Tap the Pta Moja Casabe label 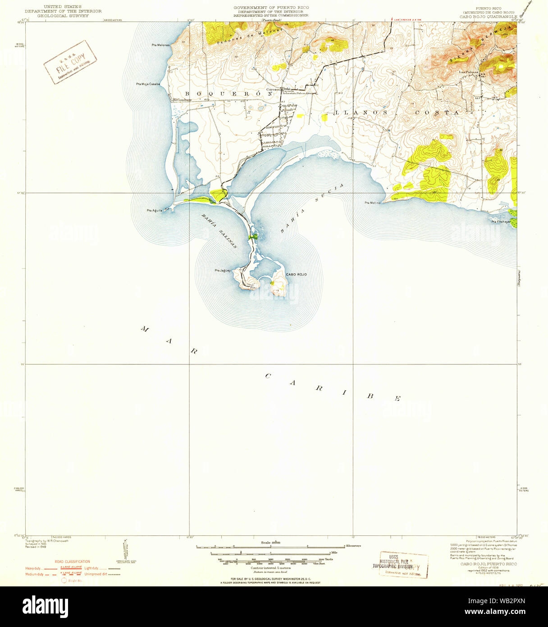(x=148, y=84)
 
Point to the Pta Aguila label (x=155, y=210)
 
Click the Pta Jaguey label (x=223, y=270)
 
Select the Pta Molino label (x=373, y=203)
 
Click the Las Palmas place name (x=468, y=72)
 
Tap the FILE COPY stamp (x=70, y=62)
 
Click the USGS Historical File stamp (x=399, y=564)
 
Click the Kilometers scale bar (x=271, y=546)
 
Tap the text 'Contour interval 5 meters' (x=271, y=567)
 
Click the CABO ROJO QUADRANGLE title (x=488, y=16)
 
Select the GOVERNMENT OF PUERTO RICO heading (x=271, y=8)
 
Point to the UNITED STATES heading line (x=63, y=7)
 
